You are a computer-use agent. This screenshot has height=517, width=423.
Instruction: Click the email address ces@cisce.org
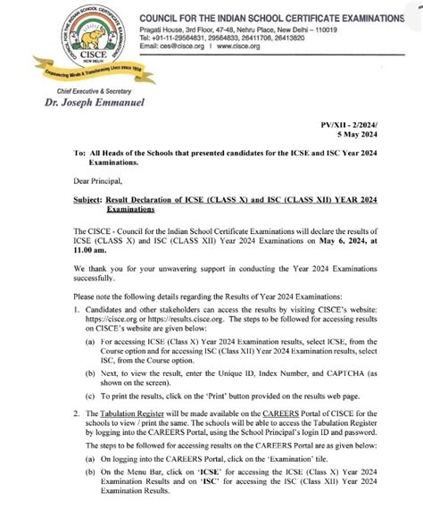(181, 47)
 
